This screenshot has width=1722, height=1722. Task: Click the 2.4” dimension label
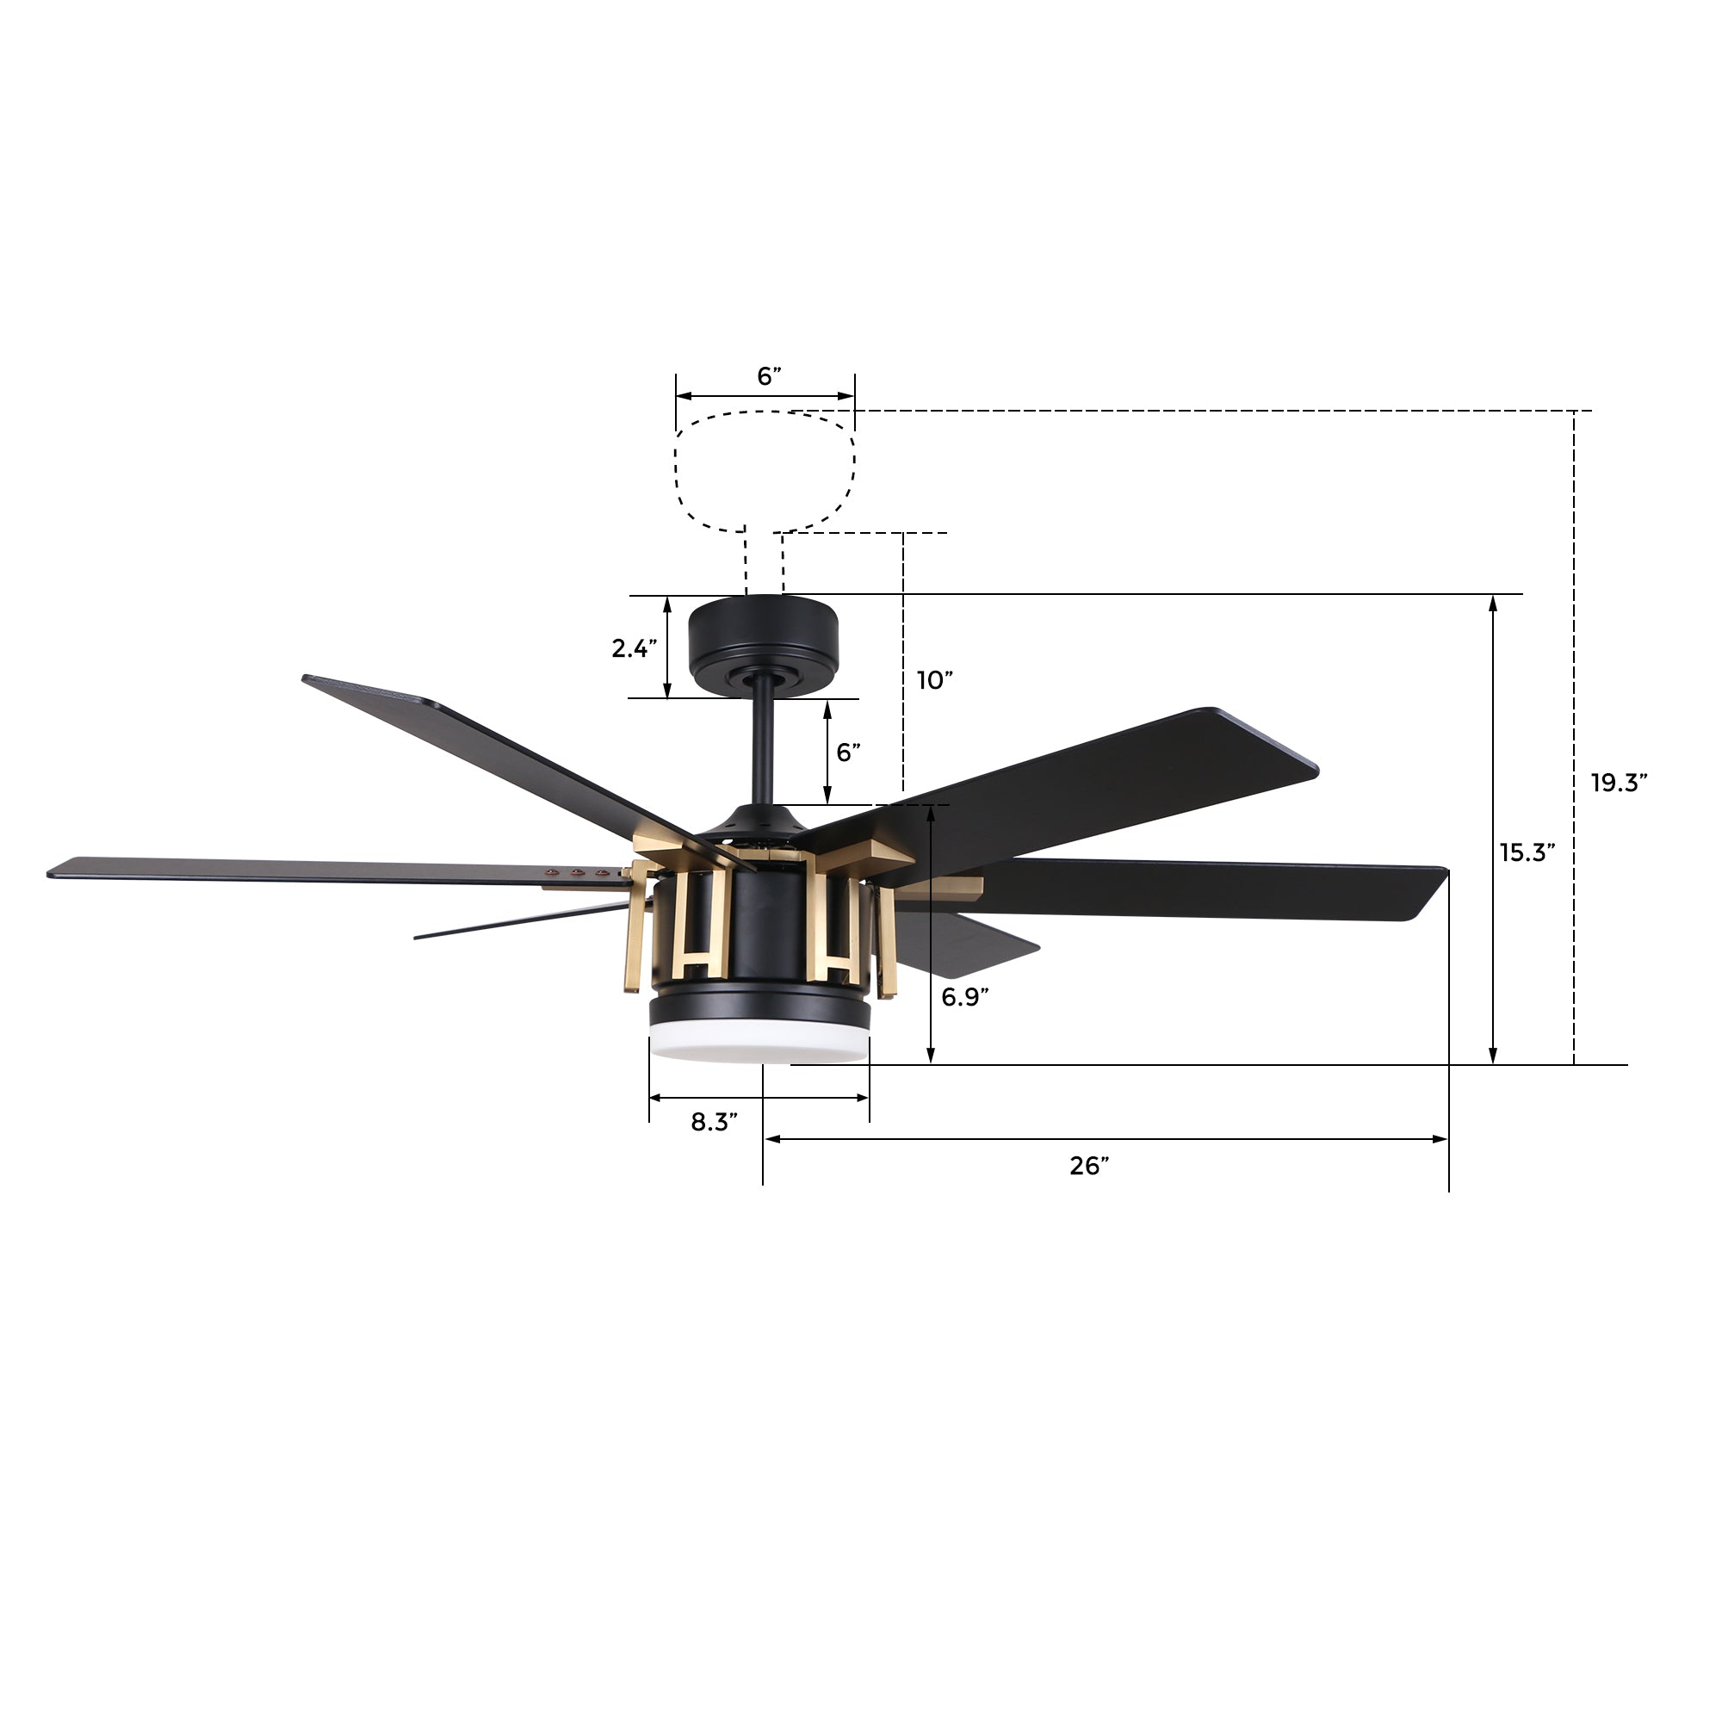(634, 649)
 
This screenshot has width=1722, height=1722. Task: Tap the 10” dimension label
(935, 681)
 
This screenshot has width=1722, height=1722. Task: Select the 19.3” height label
(1619, 783)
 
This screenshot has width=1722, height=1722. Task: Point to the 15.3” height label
(1527, 853)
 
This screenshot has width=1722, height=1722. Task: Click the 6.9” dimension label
(964, 997)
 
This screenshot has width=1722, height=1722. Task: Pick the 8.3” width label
(714, 1122)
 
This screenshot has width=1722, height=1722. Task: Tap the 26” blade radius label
(1089, 1166)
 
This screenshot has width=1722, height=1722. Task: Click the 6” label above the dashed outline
(769, 376)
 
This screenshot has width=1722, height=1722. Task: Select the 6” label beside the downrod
(847, 753)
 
